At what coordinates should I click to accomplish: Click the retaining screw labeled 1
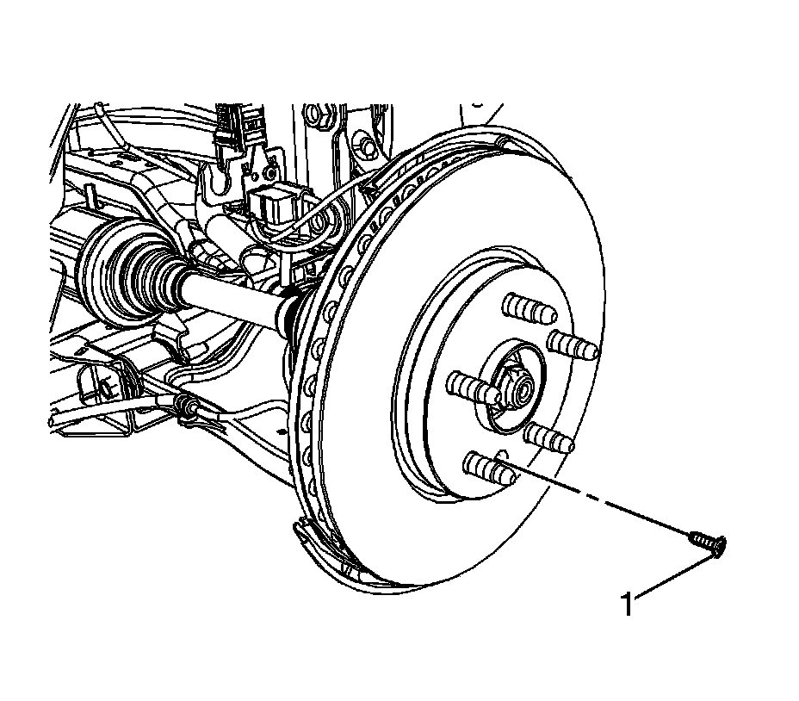(705, 542)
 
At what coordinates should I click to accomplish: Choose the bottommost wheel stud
(486, 468)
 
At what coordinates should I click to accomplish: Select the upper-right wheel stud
(573, 344)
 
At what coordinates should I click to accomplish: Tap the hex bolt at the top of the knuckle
(314, 113)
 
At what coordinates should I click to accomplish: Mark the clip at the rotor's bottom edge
(307, 530)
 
